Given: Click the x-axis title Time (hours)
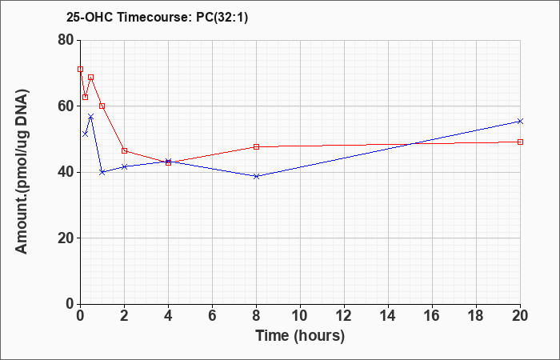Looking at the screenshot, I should (300, 335).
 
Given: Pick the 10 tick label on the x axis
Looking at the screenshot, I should (300, 316).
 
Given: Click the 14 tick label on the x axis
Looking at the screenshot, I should (388, 316).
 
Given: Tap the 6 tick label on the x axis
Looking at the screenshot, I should (212, 316).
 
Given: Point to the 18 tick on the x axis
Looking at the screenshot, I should (476, 316).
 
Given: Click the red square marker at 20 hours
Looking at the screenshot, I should (520, 142).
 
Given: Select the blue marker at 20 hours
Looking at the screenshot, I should (520, 122).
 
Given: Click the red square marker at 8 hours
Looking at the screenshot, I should (256, 146).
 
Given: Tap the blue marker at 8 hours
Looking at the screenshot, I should (256, 176).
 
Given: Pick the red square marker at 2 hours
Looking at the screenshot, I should (124, 150).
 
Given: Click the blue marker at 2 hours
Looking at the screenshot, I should (124, 166).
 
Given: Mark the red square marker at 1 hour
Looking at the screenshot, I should (102, 106).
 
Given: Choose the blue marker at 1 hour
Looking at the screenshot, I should (102, 172).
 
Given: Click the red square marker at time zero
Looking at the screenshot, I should (80, 70).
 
